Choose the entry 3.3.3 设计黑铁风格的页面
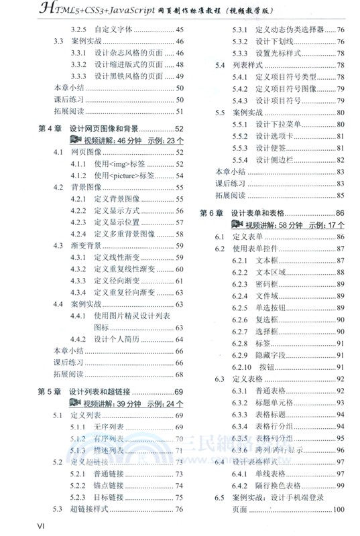[x=124, y=76]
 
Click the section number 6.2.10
[x=243, y=367]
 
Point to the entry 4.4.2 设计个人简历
[x=117, y=339]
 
